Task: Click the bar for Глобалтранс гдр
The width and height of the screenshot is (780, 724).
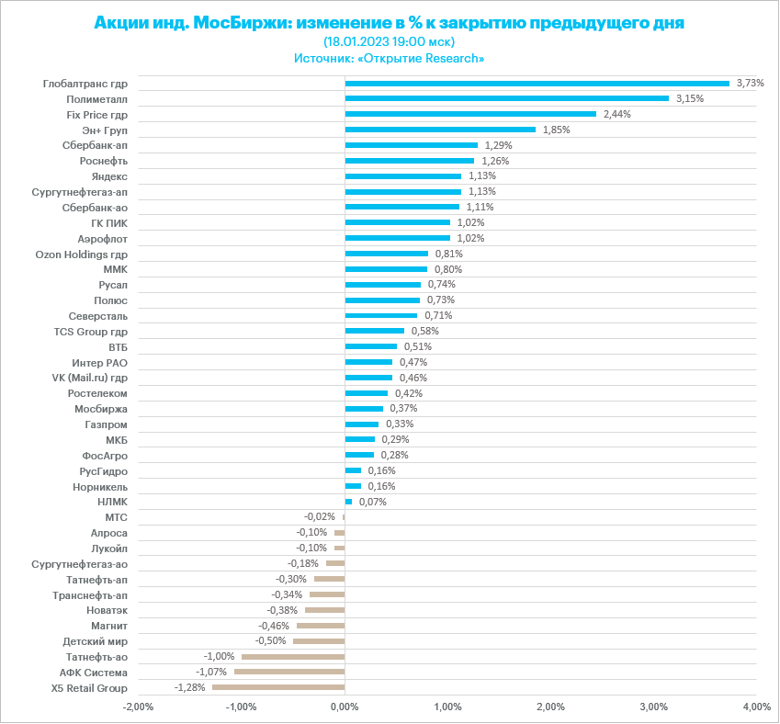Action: (537, 83)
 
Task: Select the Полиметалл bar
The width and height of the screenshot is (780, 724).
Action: (506, 98)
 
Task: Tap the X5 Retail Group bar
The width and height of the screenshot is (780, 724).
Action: (278, 687)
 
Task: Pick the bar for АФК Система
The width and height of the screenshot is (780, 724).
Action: (289, 672)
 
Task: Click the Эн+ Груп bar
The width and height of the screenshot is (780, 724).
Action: (440, 130)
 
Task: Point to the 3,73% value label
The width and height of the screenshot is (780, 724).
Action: (751, 83)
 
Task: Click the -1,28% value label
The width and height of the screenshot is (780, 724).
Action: (188, 687)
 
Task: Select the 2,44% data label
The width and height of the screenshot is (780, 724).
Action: (617, 114)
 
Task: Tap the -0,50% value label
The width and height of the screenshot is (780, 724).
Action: (269, 640)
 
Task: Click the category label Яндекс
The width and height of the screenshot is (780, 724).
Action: (109, 175)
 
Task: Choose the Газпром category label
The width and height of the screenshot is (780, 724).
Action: (106, 424)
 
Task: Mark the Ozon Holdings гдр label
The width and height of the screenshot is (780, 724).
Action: (81, 254)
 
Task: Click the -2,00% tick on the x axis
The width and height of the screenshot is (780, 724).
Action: (138, 707)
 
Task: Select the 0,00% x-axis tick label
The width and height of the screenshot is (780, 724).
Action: (345, 707)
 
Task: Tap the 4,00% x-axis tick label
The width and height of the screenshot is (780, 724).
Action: (756, 707)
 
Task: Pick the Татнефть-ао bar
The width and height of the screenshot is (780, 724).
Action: (293, 656)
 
